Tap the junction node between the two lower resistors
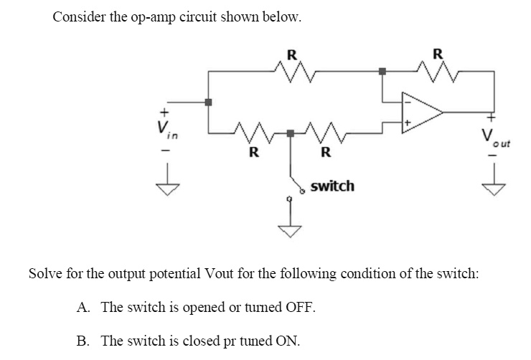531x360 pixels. click(290, 133)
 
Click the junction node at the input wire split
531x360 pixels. click(208, 102)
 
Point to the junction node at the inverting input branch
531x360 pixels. click(382, 71)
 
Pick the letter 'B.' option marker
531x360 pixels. click(84, 340)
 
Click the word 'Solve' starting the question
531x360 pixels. click(44, 274)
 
